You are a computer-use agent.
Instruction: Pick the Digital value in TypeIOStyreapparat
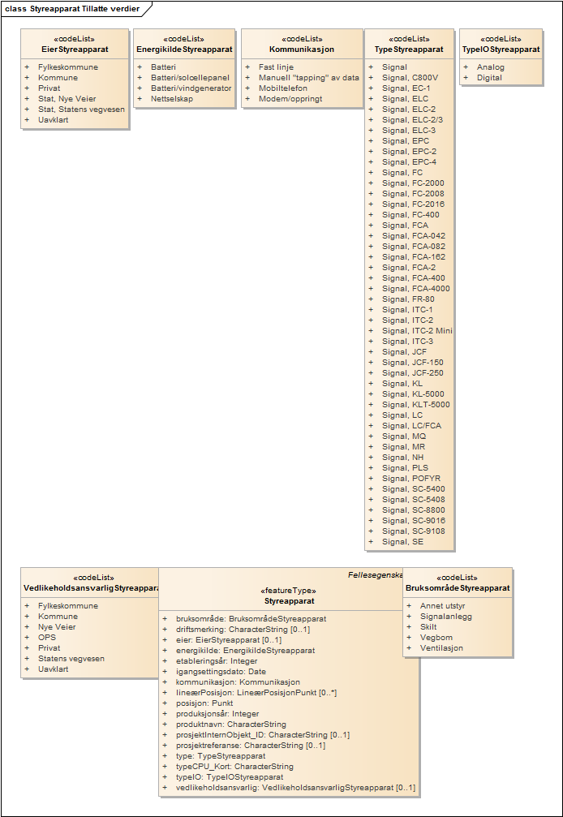tap(489, 78)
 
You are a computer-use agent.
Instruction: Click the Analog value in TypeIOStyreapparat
tap(490, 67)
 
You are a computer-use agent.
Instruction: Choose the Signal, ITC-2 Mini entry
tap(417, 331)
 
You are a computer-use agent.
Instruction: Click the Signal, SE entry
tap(402, 542)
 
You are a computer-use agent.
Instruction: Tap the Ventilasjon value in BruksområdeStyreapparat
tap(441, 648)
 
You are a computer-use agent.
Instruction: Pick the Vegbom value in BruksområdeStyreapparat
tap(436, 638)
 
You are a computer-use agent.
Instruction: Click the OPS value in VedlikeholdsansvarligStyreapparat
tap(47, 638)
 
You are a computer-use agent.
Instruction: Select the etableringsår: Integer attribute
tap(217, 661)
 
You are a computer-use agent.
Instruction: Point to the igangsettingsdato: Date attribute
tap(221, 672)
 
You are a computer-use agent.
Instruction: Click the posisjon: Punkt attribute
tap(204, 703)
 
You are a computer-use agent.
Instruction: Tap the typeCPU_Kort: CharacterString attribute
tap(234, 767)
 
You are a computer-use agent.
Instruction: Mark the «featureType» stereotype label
tap(288, 591)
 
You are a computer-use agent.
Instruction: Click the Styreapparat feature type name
tap(289, 601)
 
